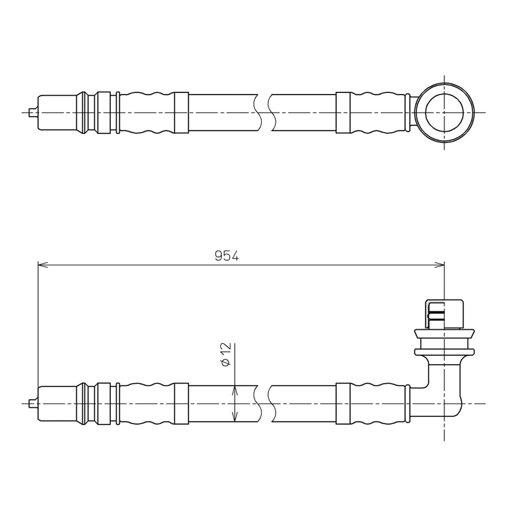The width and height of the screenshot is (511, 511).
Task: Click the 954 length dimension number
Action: pyautogui.click(x=227, y=256)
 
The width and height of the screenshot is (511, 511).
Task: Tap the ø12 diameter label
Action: pyautogui.click(x=225, y=354)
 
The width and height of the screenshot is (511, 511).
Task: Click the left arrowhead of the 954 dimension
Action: pyautogui.click(x=43, y=265)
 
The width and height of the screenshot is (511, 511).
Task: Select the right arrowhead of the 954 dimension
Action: pyautogui.click(x=439, y=265)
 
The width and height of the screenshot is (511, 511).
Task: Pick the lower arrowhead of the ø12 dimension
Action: pyautogui.click(x=235, y=417)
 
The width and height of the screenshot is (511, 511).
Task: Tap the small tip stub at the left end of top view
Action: pyautogui.click(x=33, y=113)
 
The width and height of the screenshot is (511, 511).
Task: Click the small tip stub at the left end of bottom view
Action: pyautogui.click(x=33, y=404)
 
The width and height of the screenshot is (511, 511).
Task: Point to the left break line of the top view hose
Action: pyautogui.click(x=258, y=113)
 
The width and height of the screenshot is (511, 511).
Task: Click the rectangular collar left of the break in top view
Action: pyautogui.click(x=181, y=113)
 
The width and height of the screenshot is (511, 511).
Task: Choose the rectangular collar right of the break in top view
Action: pyautogui.click(x=343, y=113)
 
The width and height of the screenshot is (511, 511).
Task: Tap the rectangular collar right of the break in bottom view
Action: pyautogui.click(x=343, y=404)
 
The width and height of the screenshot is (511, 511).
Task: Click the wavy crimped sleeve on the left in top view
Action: pyautogui.click(x=147, y=113)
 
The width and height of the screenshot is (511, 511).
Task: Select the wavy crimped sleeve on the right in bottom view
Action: pyautogui.click(x=378, y=404)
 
